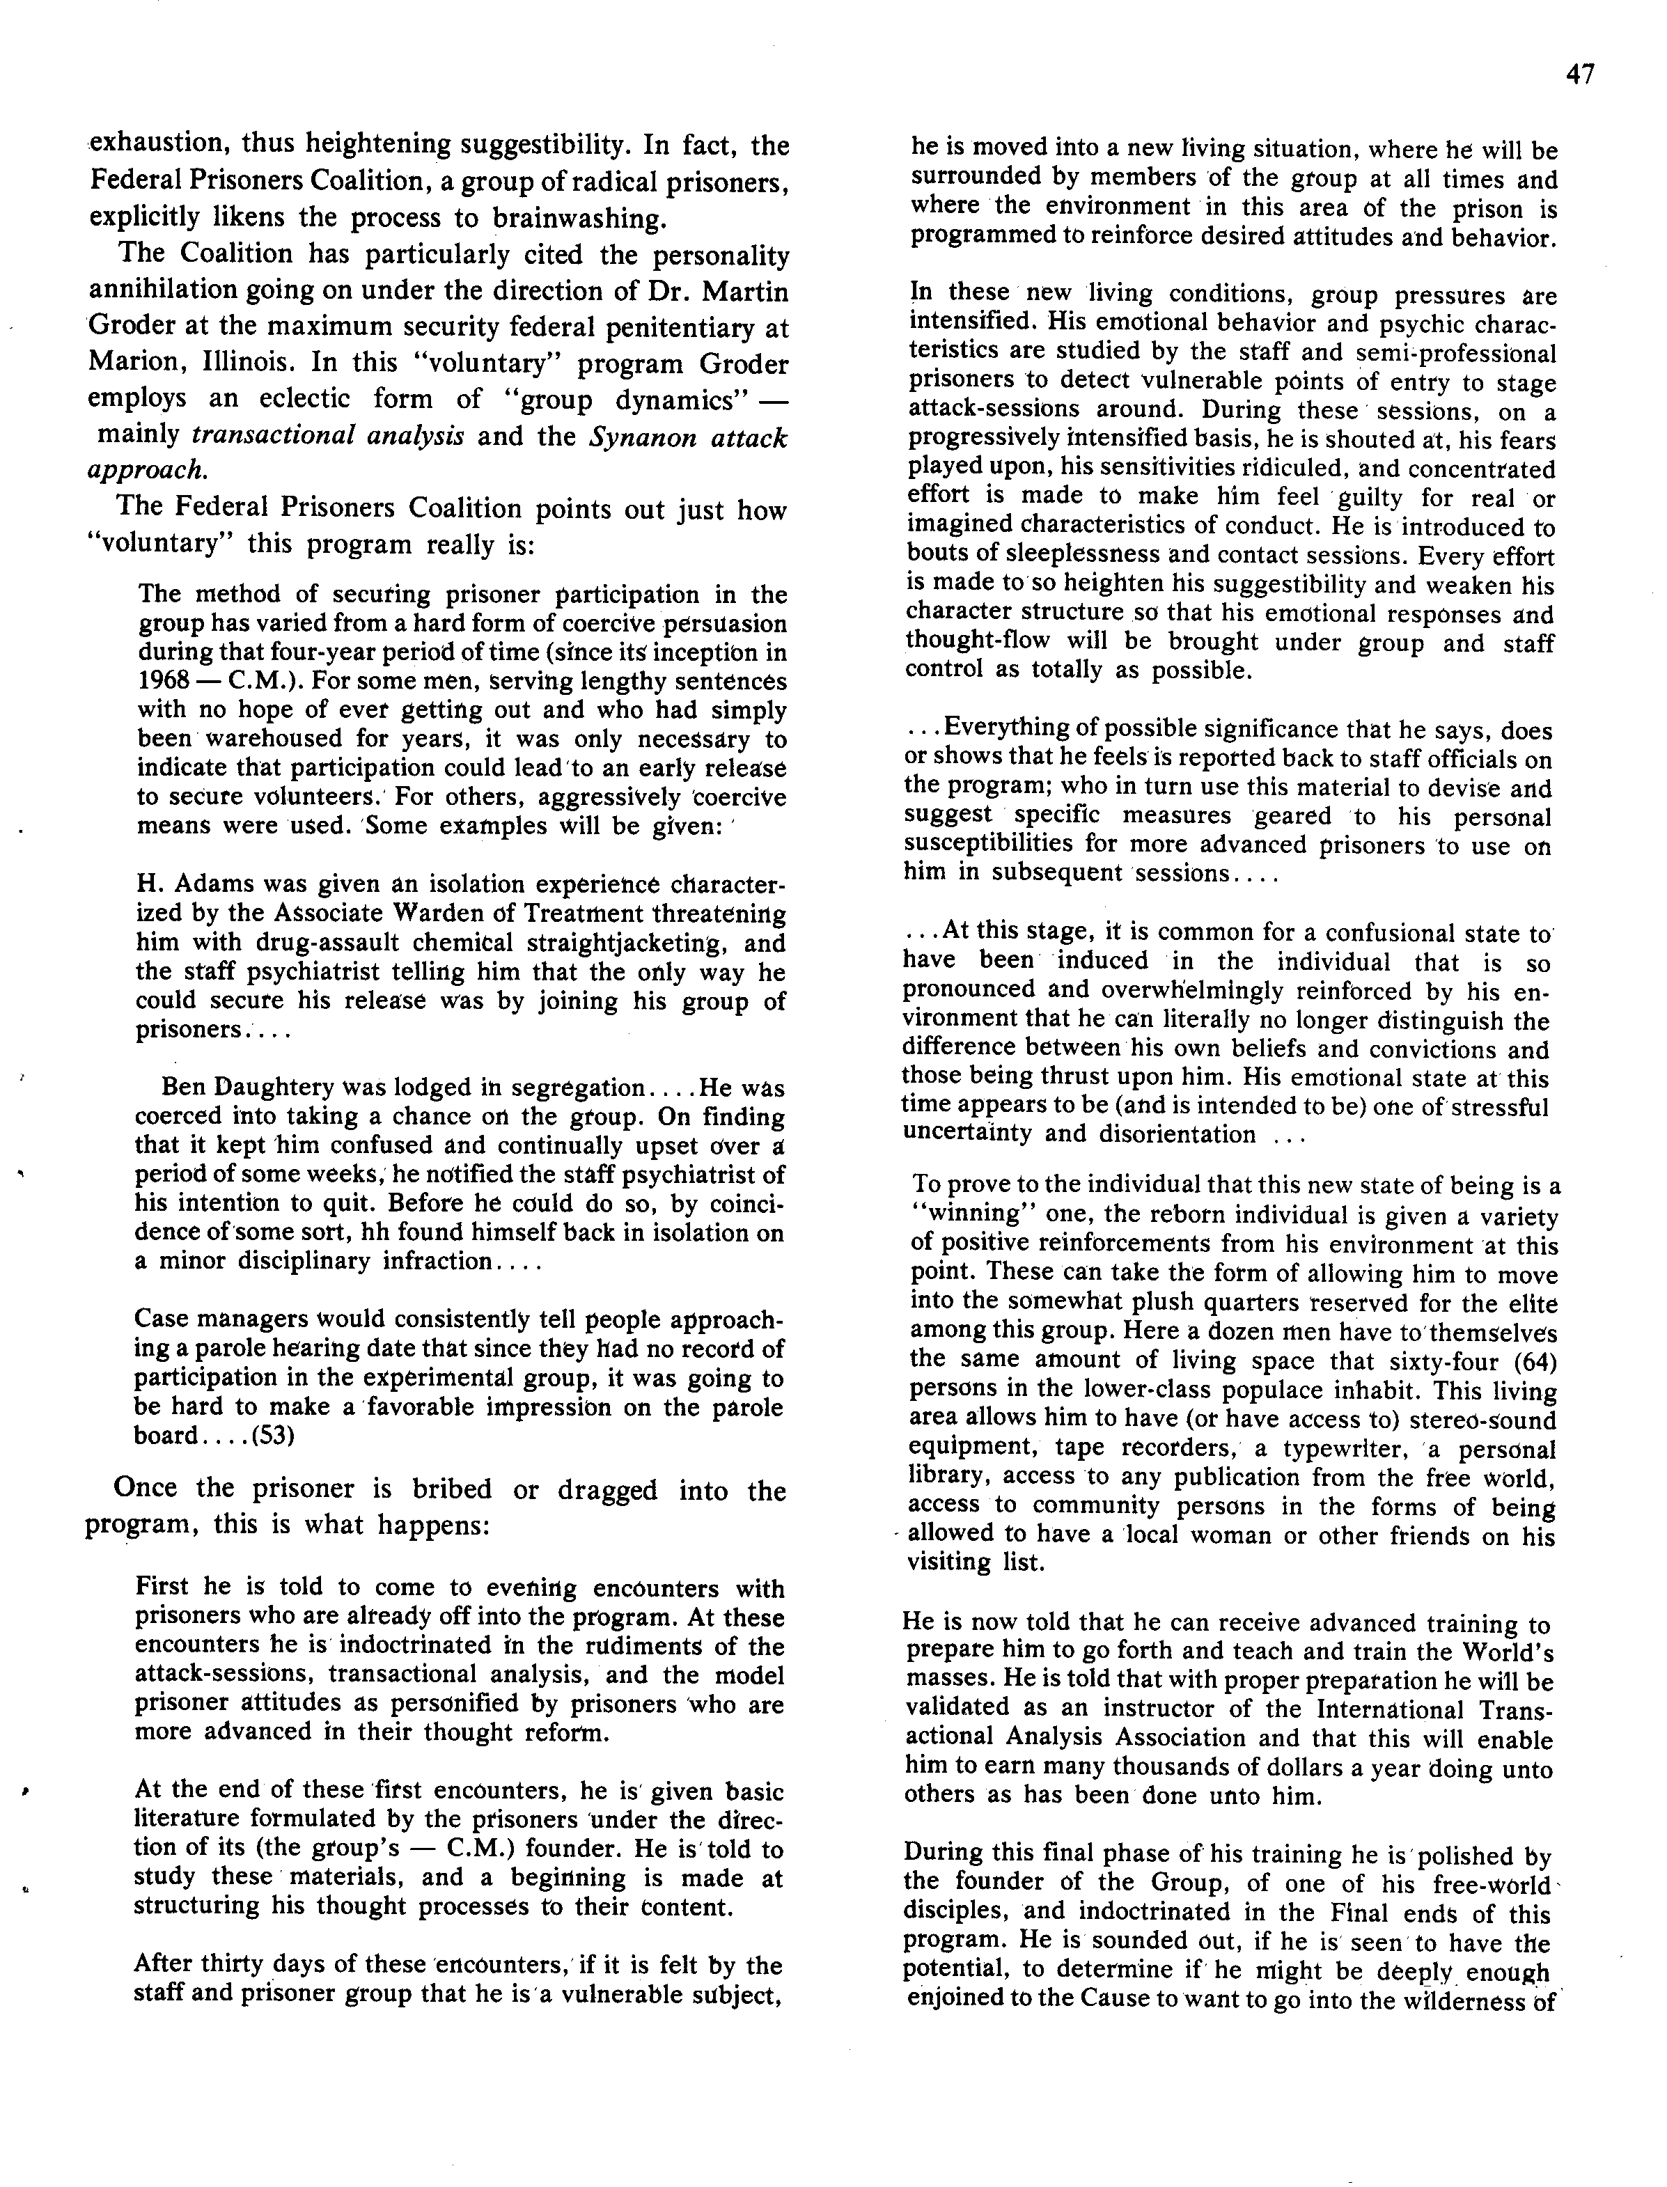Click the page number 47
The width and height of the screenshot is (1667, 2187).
[x=1581, y=75]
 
